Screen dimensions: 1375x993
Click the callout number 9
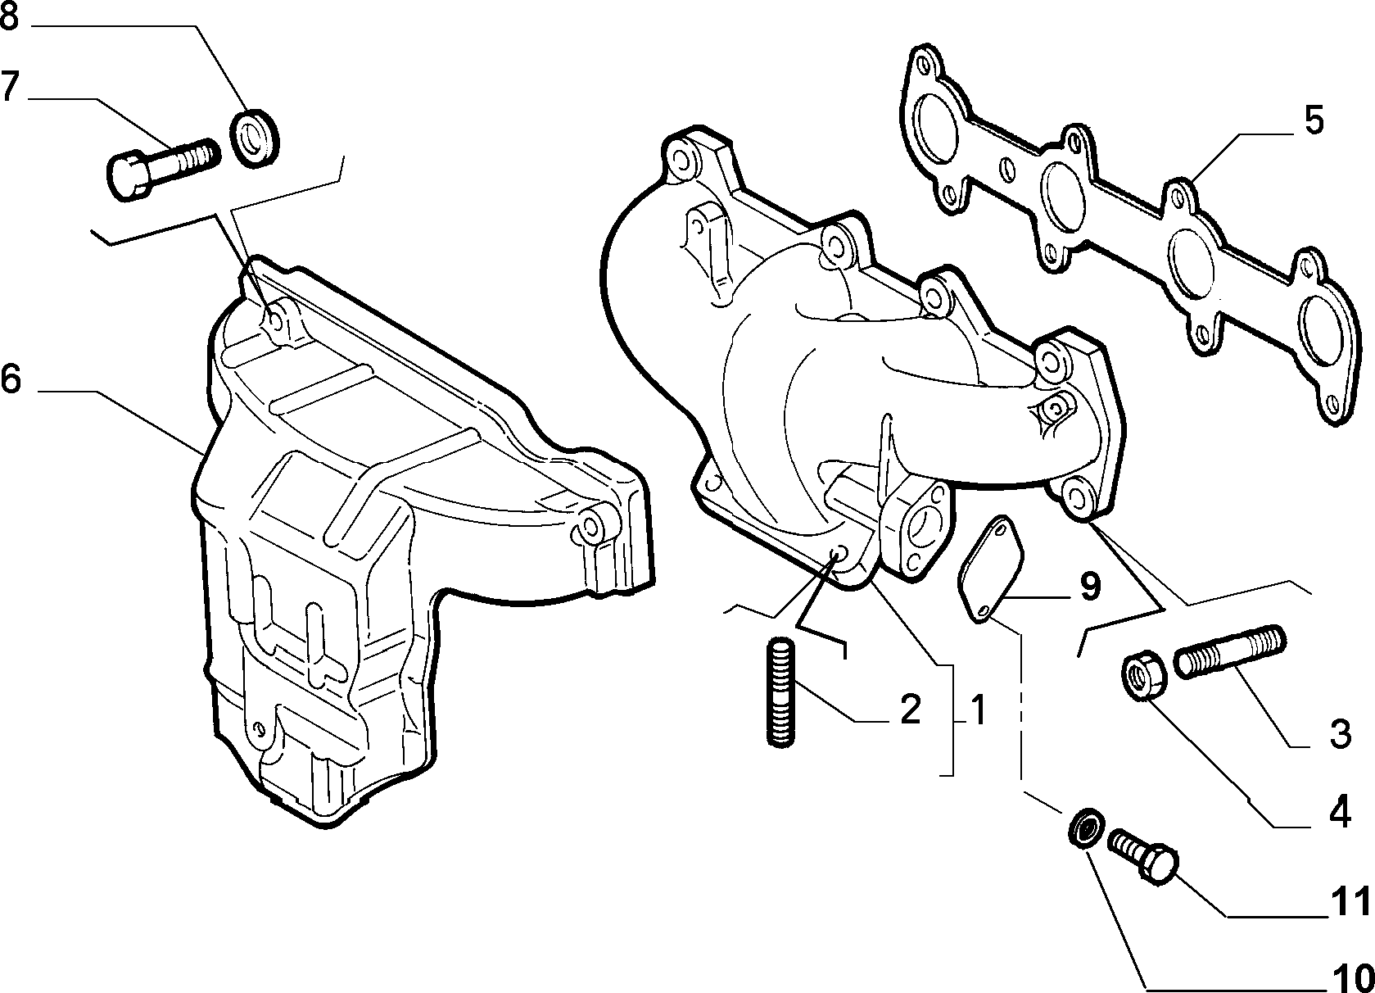point(1090,587)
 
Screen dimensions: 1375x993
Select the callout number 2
point(911,710)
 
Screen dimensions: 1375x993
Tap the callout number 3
point(1341,734)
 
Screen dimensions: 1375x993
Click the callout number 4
point(1340,811)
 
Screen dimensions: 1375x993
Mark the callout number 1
point(979,710)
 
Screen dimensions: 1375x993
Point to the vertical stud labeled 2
point(781,692)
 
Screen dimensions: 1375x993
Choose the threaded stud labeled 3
point(1229,651)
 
